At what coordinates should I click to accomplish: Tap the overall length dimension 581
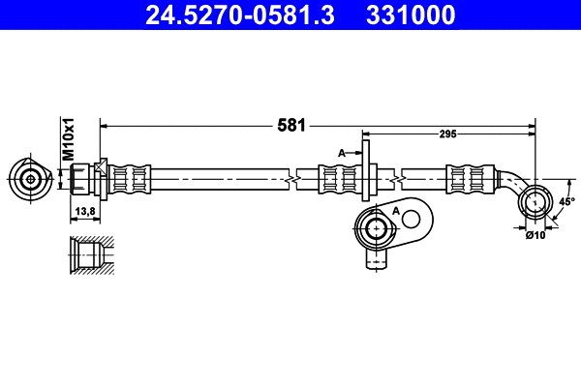291,125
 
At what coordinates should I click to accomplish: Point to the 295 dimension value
448,135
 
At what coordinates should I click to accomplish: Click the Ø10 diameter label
535,234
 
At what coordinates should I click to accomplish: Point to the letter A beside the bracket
341,153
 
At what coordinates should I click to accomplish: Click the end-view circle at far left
31,179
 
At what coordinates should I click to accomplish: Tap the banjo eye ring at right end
534,202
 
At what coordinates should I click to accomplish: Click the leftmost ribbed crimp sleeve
130,179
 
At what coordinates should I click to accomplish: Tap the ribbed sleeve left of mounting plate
341,179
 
